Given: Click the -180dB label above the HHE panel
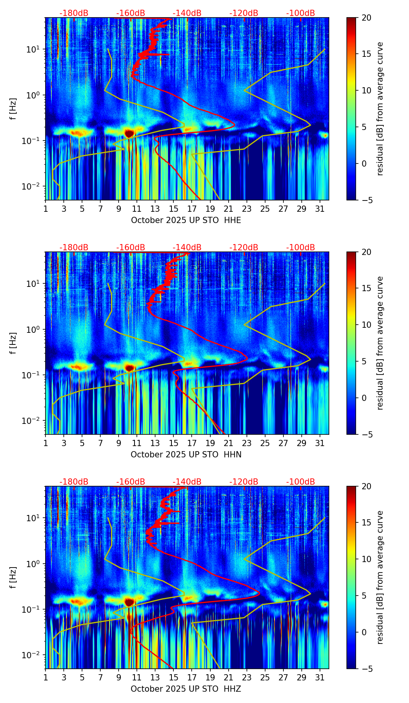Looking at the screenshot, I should [x=74, y=14].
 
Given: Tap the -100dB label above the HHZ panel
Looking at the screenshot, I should [x=301, y=482].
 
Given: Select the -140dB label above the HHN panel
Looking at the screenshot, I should [x=187, y=248].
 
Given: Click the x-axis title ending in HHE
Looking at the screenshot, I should [x=186, y=220].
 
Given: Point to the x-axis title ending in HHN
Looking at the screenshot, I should [x=186, y=455].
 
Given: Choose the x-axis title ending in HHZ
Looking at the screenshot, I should [x=186, y=689].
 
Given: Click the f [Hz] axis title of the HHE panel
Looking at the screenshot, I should [x=13, y=109].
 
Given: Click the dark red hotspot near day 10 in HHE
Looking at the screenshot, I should [x=129, y=133].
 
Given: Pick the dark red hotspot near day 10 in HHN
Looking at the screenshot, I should [x=129, y=367].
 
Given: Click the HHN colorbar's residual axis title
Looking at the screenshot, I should [x=380, y=343].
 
